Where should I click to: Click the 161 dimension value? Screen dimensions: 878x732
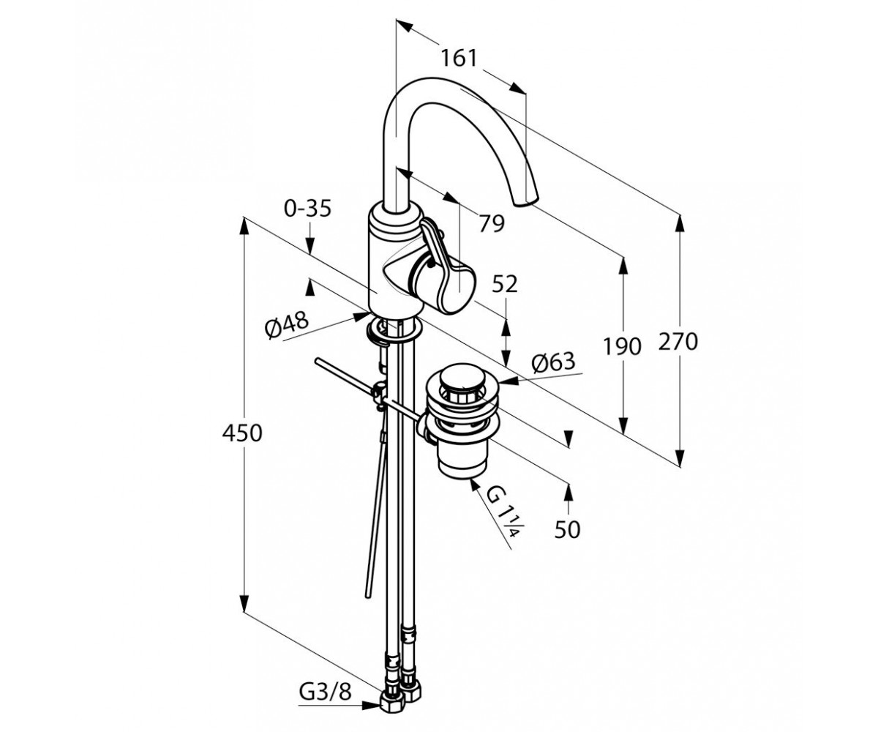[459, 58]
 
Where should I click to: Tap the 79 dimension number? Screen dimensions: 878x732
[492, 223]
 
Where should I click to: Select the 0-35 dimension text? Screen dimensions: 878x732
[308, 208]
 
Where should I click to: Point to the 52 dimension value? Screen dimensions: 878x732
[505, 285]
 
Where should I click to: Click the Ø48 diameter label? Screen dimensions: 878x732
[288, 325]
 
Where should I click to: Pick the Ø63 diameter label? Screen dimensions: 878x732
[553, 362]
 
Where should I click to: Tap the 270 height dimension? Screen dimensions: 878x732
[678, 341]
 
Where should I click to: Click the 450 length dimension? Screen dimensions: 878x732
[241, 433]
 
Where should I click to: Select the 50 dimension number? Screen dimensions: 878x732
[567, 530]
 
